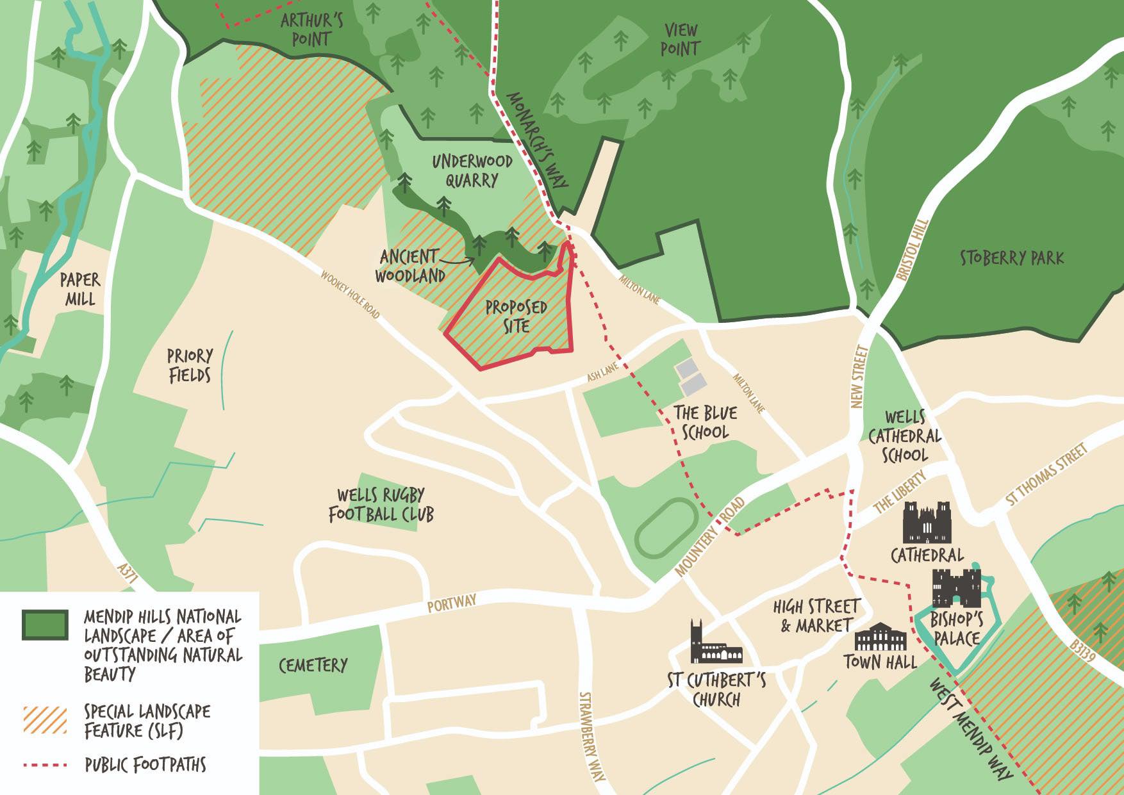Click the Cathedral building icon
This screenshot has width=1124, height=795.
pyautogui.click(x=927, y=523)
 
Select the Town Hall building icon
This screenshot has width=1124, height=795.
pyautogui.click(x=880, y=637)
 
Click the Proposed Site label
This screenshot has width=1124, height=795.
pyautogui.click(x=516, y=316)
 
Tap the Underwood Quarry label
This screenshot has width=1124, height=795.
pyautogui.click(x=472, y=170)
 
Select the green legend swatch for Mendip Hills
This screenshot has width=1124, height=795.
pyautogui.click(x=45, y=625)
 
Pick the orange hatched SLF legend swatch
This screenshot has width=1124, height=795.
pyautogui.click(x=45, y=719)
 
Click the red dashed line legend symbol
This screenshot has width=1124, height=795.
pyautogui.click(x=45, y=765)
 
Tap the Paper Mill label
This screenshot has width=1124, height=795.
pyautogui.click(x=79, y=289)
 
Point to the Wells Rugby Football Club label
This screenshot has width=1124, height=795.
pyautogui.click(x=381, y=505)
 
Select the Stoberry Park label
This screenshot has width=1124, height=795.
pyautogui.click(x=1011, y=258)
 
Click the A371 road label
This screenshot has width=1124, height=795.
pyautogui.click(x=128, y=574)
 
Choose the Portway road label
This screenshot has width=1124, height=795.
pyautogui.click(x=452, y=603)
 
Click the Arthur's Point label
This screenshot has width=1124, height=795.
pyautogui.click(x=311, y=29)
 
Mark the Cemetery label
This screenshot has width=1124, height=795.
pyautogui.click(x=313, y=666)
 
